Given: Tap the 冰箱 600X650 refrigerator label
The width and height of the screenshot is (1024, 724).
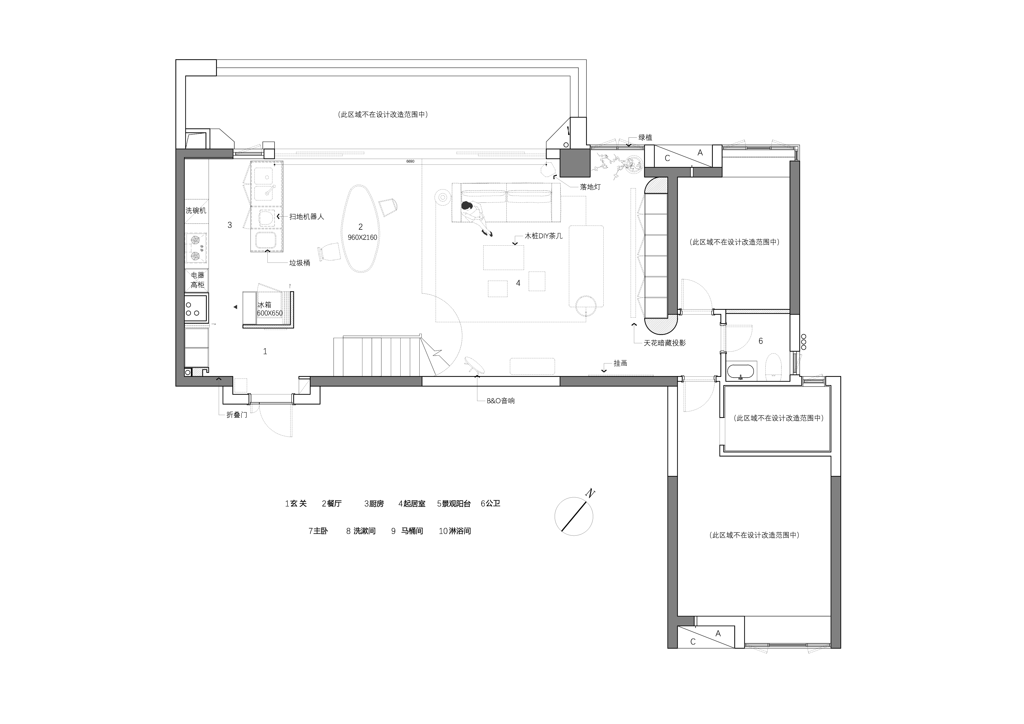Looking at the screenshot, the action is pos(270,309).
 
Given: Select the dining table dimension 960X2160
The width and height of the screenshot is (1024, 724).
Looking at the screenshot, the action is pos(362,237).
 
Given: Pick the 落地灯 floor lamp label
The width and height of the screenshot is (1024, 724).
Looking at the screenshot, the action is pos(590,187).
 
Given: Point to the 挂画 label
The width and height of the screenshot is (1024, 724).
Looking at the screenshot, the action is pos(620,363).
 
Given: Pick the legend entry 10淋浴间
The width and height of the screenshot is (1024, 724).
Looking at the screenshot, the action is pos(455,531).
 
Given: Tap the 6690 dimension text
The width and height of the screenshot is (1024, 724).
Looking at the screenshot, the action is pos(410,161).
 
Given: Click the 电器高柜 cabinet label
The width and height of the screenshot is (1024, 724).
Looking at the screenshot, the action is pos(197,280).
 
